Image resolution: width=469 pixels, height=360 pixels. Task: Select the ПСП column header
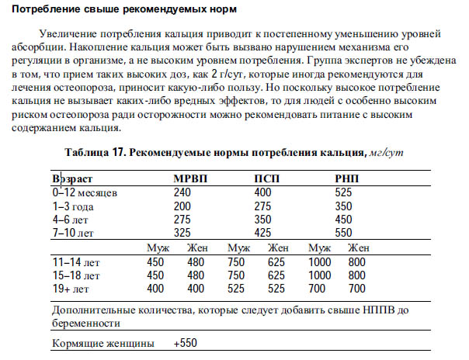(269, 178)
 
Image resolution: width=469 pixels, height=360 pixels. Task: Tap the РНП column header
(347, 178)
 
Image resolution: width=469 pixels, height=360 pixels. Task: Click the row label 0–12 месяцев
(84, 192)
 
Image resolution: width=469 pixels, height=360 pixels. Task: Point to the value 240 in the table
(182, 192)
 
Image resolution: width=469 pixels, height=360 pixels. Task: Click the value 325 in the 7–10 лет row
(182, 231)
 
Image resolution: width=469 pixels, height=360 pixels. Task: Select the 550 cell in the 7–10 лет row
(343, 231)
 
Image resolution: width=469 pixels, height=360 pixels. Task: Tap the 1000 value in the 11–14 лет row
(321, 261)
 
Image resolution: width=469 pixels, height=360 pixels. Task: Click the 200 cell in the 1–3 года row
(182, 205)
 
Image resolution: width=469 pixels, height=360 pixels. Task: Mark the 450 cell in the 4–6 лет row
(343, 218)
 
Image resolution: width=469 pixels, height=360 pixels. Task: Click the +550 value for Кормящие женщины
(187, 342)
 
